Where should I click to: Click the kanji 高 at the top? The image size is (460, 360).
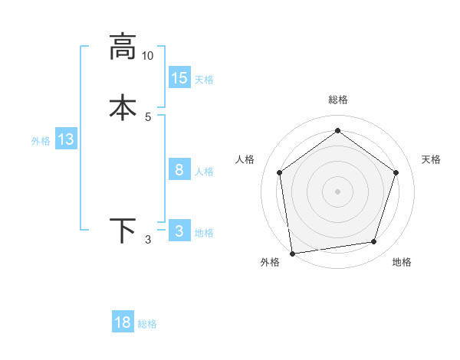[x=123, y=47]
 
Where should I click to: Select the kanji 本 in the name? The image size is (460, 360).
[x=123, y=107]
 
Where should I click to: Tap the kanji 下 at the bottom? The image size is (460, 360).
[x=123, y=231]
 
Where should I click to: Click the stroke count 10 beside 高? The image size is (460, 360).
[x=148, y=56]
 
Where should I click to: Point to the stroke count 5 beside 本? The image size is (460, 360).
[x=148, y=116]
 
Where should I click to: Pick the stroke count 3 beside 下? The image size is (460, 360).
[x=148, y=240]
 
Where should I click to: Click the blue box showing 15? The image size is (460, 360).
[x=179, y=78]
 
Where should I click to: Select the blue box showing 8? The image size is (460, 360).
[x=179, y=170]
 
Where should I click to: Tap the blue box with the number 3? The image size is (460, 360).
[x=179, y=231]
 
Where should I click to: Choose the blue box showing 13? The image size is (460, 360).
[x=66, y=140]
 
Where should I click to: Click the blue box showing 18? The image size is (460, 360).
[x=123, y=322]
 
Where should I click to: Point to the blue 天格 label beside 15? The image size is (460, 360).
[x=204, y=80]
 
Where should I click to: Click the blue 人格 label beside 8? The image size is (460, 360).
[x=204, y=172]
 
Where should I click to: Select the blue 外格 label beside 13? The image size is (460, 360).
[x=41, y=141]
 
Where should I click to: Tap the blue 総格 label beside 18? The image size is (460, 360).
[x=147, y=324]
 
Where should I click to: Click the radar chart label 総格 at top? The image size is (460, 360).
[x=337, y=100]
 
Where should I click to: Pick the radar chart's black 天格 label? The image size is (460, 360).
[x=432, y=159]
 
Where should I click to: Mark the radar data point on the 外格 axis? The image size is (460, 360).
[x=291, y=253]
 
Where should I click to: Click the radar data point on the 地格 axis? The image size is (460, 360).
[x=374, y=242]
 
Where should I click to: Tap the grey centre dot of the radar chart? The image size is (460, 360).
[x=337, y=191]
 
